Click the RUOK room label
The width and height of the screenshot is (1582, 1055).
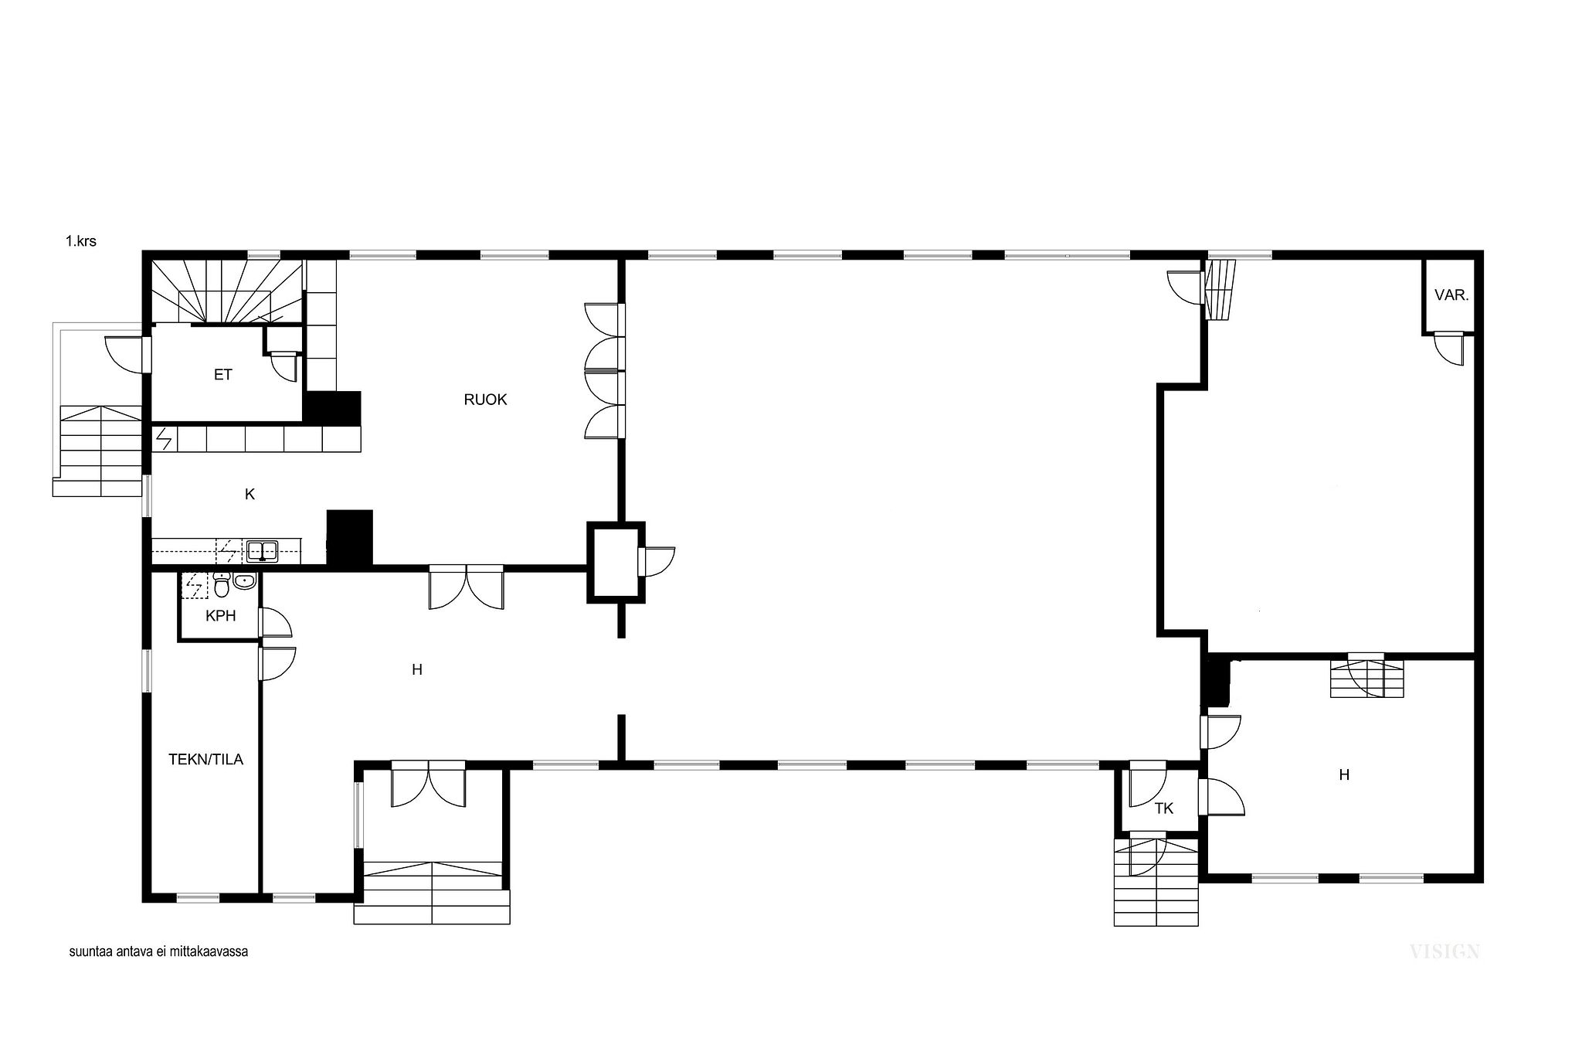[485, 400]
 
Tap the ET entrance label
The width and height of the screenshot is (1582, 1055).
[222, 375]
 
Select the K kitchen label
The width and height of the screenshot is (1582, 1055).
[250, 495]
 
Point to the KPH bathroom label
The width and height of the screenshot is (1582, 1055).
[220, 616]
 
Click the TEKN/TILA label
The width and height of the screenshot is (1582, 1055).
[205, 760]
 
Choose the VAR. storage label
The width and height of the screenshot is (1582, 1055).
[1451, 294]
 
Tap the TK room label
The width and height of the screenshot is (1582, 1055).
[1163, 808]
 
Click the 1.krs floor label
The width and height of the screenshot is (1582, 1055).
[81, 241]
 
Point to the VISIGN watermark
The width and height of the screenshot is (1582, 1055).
[1445, 951]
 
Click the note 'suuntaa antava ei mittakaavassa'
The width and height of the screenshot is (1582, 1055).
[158, 951]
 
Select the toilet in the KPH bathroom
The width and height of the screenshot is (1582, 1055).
[222, 587]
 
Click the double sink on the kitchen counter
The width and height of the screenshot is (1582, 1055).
[263, 551]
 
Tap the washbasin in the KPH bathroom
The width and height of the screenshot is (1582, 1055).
[245, 581]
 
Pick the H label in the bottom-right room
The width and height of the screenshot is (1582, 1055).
[1344, 774]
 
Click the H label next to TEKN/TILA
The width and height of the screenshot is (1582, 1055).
[417, 669]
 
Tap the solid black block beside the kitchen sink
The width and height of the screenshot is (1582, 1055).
[350, 537]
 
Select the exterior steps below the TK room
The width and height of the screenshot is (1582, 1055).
[1156, 882]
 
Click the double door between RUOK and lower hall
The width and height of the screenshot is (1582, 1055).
[467, 587]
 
